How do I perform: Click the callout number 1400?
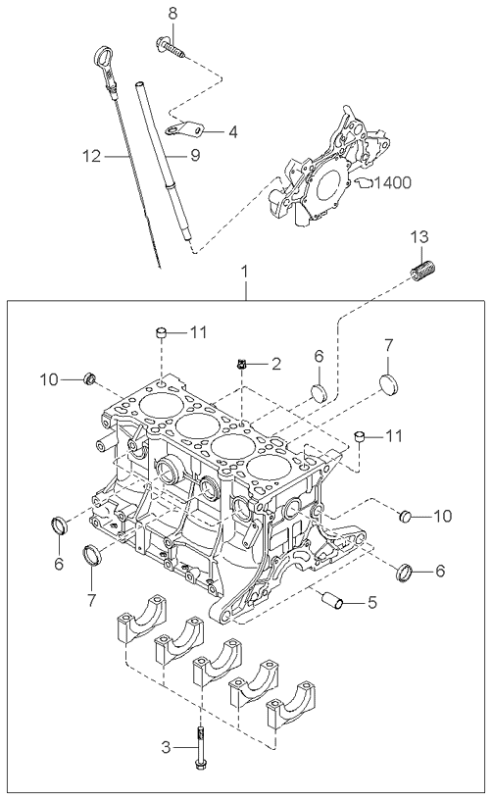click(x=392, y=182)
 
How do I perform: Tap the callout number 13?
click(x=420, y=236)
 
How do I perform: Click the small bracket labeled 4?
click(x=184, y=128)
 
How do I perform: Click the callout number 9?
click(x=195, y=155)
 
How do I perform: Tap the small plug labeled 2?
click(x=241, y=364)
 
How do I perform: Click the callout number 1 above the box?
click(x=246, y=272)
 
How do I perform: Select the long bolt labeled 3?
click(x=200, y=747)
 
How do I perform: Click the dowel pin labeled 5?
click(x=332, y=600)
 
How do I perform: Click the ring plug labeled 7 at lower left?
click(x=93, y=555)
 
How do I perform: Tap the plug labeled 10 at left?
click(x=90, y=379)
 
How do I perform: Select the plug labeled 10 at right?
click(x=405, y=516)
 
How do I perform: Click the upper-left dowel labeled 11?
click(x=162, y=333)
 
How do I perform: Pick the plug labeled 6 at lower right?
click(x=406, y=572)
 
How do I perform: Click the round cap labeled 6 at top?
click(x=320, y=392)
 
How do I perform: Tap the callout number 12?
click(x=92, y=156)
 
